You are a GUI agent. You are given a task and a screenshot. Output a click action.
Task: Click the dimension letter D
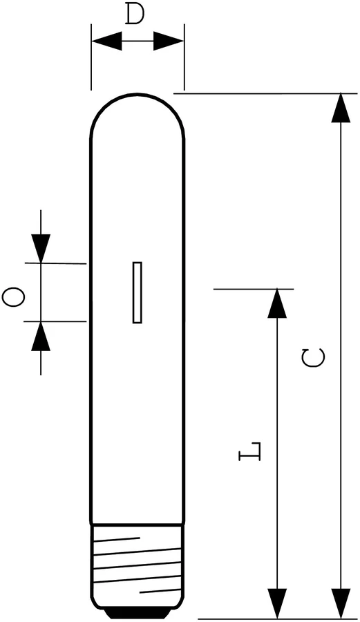coord(135,15)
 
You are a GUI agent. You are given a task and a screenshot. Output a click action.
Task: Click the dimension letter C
coord(313,358)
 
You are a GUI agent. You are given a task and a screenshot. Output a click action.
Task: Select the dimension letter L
coord(249,451)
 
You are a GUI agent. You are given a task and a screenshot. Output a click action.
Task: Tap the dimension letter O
coord(14,298)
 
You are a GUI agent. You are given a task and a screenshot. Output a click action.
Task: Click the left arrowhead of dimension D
coord(107,41)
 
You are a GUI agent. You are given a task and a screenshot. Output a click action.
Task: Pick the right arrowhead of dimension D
coord(169,41)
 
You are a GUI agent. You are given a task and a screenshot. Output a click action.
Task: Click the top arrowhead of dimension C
coord(341,108)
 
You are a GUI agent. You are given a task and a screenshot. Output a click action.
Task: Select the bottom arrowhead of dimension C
coord(341,603)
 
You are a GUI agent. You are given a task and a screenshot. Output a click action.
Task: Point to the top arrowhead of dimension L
coord(277,303)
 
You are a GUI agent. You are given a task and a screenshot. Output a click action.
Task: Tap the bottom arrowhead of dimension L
coord(277,603)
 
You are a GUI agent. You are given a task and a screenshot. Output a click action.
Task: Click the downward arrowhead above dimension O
coord(41,248)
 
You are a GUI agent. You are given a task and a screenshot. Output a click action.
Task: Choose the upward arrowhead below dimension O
coord(41,336)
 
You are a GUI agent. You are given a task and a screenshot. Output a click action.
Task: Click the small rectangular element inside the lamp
coord(138,292)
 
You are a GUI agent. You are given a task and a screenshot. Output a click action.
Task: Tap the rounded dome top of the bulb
coord(138,94)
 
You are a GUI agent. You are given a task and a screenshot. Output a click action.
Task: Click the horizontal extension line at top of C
coord(265,93)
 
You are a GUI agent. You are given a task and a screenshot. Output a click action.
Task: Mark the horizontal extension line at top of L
coord(254,289)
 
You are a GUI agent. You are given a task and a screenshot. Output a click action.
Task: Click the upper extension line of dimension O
coord(55,263)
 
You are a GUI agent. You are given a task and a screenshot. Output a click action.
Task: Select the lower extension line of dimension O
coord(55,321)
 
